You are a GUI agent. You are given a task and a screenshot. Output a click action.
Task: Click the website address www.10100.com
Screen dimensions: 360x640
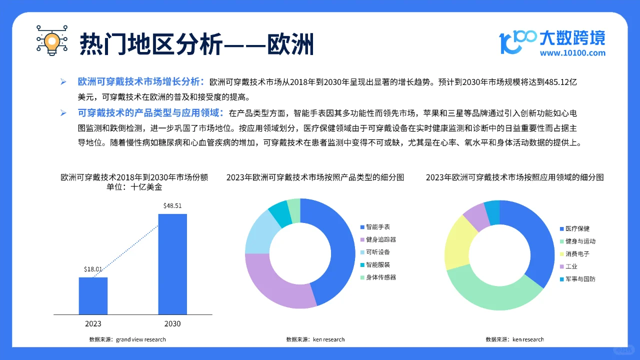[572, 53]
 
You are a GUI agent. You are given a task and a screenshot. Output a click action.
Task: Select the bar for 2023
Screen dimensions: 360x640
[93, 295]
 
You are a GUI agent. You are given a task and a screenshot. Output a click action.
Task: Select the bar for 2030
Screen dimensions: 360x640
[172, 264]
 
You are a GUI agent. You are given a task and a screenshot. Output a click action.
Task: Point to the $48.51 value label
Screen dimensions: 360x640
[172, 205]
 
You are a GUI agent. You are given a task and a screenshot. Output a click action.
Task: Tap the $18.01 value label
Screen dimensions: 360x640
[93, 269]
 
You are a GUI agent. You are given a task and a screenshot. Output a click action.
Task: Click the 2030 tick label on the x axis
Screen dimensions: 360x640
[172, 323]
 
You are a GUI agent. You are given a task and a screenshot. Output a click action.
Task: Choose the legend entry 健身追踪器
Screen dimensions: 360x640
[380, 239]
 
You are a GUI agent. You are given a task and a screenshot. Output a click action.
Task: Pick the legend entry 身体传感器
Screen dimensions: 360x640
[380, 277]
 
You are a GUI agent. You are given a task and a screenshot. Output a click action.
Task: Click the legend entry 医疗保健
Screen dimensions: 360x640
[577, 228]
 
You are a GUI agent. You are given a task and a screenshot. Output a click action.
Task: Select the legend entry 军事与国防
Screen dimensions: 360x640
[580, 279]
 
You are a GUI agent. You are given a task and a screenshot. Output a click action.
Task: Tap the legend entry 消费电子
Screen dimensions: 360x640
[577, 253]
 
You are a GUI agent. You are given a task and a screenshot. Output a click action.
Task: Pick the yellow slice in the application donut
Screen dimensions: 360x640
[456, 242]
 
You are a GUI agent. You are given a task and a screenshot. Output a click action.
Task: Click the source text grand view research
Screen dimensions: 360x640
[140, 339]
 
